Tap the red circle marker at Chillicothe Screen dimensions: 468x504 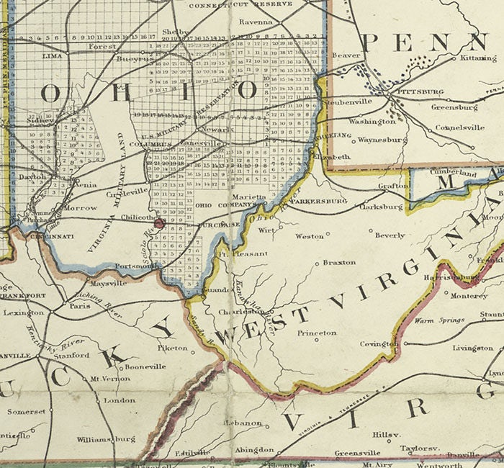click(x=159, y=224)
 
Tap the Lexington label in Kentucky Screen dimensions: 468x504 click(x=23, y=312)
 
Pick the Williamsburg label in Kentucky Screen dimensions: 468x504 click(x=105, y=438)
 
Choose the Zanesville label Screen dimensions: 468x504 click(x=200, y=144)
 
